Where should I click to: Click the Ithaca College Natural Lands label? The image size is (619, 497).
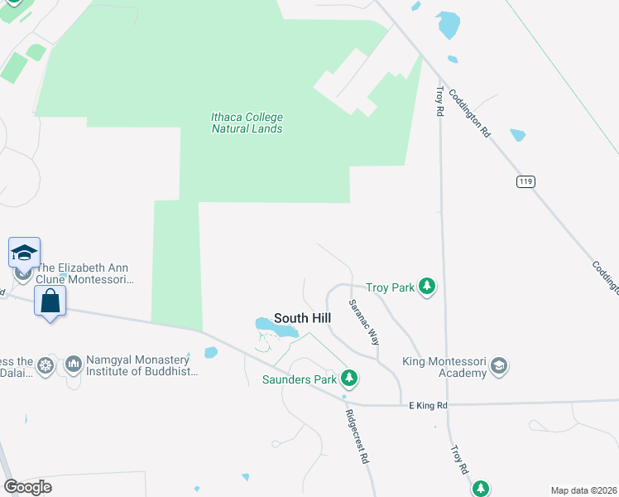coord(247,123)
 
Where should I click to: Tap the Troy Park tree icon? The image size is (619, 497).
coord(427,287)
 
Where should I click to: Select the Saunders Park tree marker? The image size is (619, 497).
coord(350,379)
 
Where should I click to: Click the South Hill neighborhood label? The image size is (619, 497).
coord(302,318)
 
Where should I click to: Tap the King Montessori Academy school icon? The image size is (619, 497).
coord(499,366)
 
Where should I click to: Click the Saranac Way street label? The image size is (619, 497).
coord(363,322)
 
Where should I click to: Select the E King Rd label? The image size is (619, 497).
coord(428,405)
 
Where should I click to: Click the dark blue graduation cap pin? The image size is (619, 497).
coord(24,252)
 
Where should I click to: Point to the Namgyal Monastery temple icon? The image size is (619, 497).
coord(73,364)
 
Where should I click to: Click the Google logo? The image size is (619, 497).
coord(28,487)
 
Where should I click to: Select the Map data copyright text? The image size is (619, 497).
coord(583,490)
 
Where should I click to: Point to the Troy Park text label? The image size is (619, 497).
coord(390,287)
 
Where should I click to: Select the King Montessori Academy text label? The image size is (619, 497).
coord(444,367)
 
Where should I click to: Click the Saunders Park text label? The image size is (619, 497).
coord(300,380)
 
